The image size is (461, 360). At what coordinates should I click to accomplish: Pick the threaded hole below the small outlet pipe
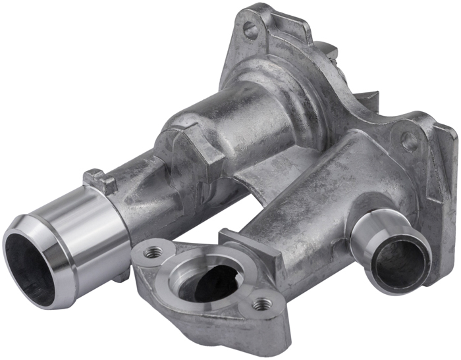point(261,303)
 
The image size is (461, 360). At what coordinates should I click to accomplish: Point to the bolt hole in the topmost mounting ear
point(251,29)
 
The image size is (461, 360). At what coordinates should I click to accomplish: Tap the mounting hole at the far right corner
point(409,141)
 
